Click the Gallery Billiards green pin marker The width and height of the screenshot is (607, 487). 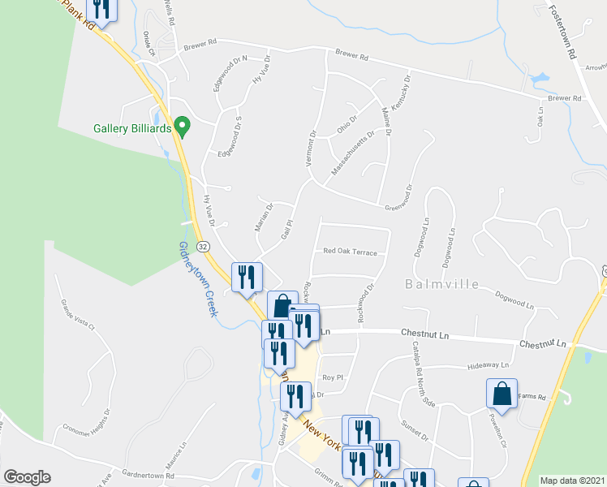(x=183, y=127)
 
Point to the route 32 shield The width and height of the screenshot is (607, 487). (x=203, y=246)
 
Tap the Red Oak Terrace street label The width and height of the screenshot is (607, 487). (x=350, y=252)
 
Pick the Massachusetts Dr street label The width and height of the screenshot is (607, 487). (x=353, y=153)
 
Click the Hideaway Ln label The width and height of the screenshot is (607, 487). (x=488, y=367)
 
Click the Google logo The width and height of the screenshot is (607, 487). (x=27, y=477)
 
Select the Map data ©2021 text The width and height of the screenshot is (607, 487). (x=571, y=481)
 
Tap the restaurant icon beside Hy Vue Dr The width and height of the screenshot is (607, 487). (x=246, y=277)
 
